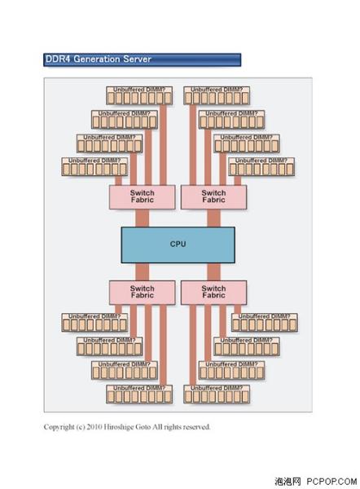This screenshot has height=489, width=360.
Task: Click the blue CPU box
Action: pyautogui.click(x=178, y=244)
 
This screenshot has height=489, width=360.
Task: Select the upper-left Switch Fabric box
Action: pyautogui.click(x=143, y=197)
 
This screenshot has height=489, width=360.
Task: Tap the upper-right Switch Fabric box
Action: pyautogui.click(x=214, y=197)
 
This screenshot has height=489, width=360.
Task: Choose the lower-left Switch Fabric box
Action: pyautogui.click(x=143, y=293)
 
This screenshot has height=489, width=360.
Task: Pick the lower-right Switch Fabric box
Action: pyautogui.click(x=214, y=293)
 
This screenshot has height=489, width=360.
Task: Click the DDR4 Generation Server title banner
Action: pyautogui.click(x=143, y=59)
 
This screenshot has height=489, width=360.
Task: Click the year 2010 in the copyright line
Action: pyautogui.click(x=94, y=427)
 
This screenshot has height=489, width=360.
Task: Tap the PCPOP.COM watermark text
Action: pyautogui.click(x=331, y=482)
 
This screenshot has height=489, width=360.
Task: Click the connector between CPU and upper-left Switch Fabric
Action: pyautogui.click(x=143, y=218)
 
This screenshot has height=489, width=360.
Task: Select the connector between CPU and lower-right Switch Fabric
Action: pyautogui.click(x=214, y=271)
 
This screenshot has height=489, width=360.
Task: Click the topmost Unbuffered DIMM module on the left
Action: pyautogui.click(x=139, y=95)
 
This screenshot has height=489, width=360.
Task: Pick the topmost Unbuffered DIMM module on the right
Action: pyautogui.click(x=217, y=95)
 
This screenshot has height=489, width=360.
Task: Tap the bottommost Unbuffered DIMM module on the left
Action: pyautogui.click(x=139, y=394)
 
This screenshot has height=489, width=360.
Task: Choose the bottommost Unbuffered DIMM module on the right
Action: pyautogui.click(x=217, y=394)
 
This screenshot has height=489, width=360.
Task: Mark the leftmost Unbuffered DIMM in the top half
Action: pyautogui.click(x=94, y=166)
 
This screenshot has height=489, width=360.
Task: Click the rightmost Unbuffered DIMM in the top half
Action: pyautogui.click(x=261, y=166)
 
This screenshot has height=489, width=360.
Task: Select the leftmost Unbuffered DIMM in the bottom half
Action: pyautogui.click(x=94, y=323)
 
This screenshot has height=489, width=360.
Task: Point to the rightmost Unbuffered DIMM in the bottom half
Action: pyautogui.click(x=265, y=323)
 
